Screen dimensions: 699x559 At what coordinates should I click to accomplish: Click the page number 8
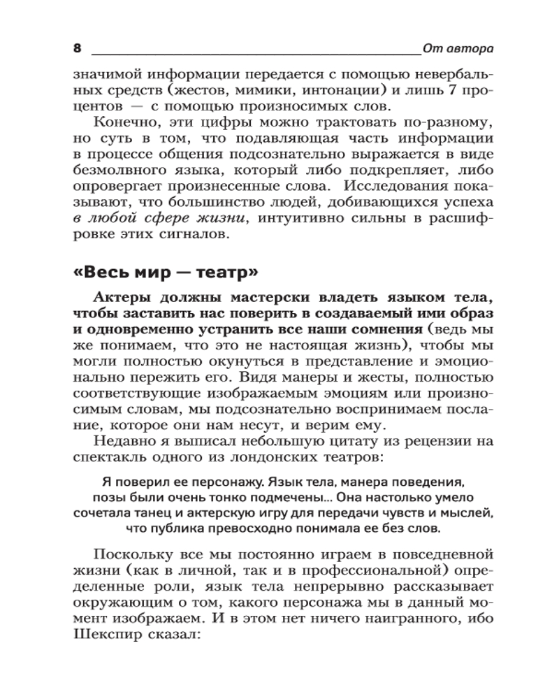(x=78, y=48)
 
